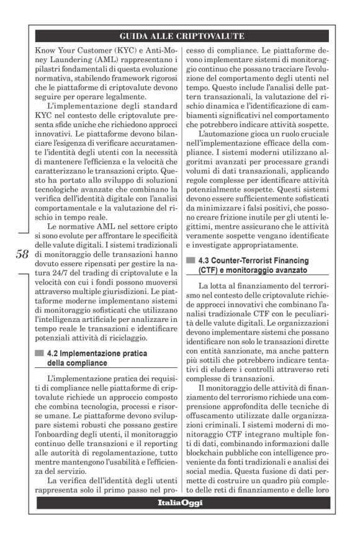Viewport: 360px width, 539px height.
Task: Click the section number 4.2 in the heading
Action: coord(58,354)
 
